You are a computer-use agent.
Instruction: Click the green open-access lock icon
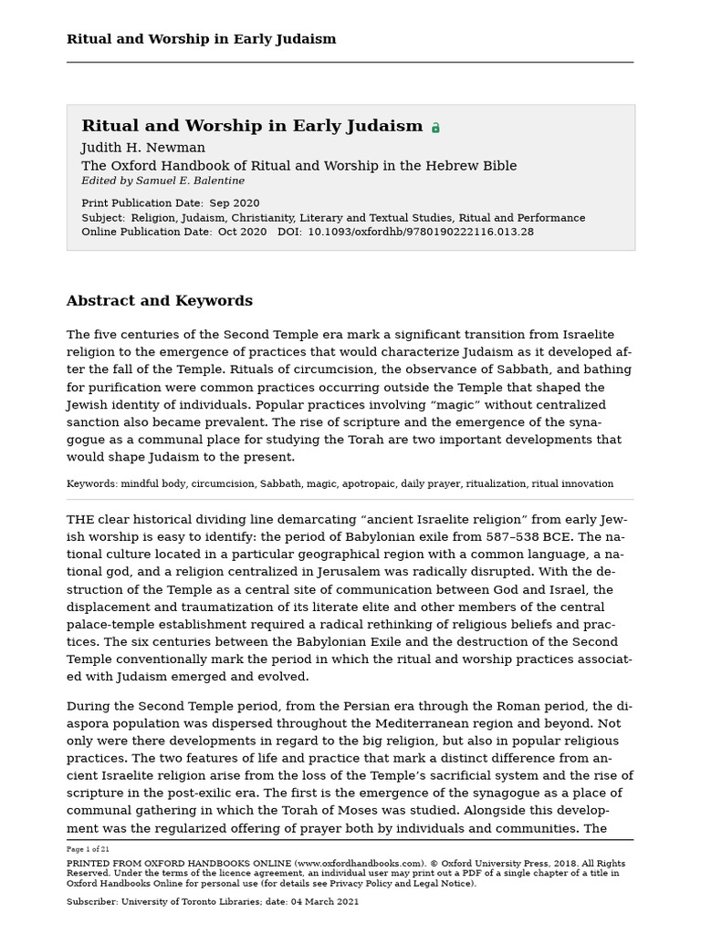(435, 128)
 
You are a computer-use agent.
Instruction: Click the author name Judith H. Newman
(143, 148)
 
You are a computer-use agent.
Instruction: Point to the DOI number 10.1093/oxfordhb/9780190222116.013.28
(421, 232)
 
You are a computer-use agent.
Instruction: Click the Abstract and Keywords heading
(160, 301)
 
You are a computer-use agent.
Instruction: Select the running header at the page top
(201, 39)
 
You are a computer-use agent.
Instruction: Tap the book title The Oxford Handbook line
(298, 166)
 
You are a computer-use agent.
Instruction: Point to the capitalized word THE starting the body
(80, 519)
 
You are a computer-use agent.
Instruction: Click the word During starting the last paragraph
(89, 706)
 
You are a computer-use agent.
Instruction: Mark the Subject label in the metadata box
(102, 218)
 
